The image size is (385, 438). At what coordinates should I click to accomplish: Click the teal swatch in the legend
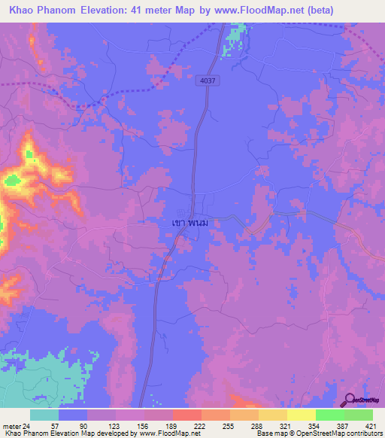(44, 415)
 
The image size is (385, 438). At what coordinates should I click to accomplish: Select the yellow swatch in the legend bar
(272, 415)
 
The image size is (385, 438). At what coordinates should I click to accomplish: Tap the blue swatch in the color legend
(73, 415)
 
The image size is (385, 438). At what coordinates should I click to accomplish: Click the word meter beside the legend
(10, 426)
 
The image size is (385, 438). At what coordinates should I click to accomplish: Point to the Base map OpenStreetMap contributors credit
(319, 433)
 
